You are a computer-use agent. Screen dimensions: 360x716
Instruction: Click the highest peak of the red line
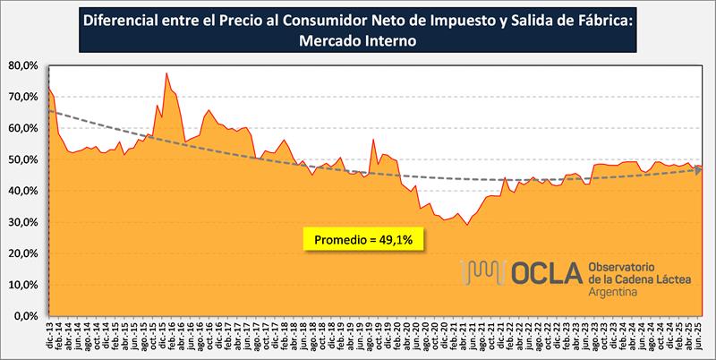pos(166,73)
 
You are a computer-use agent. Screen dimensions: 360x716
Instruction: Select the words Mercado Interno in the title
pos(357,40)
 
